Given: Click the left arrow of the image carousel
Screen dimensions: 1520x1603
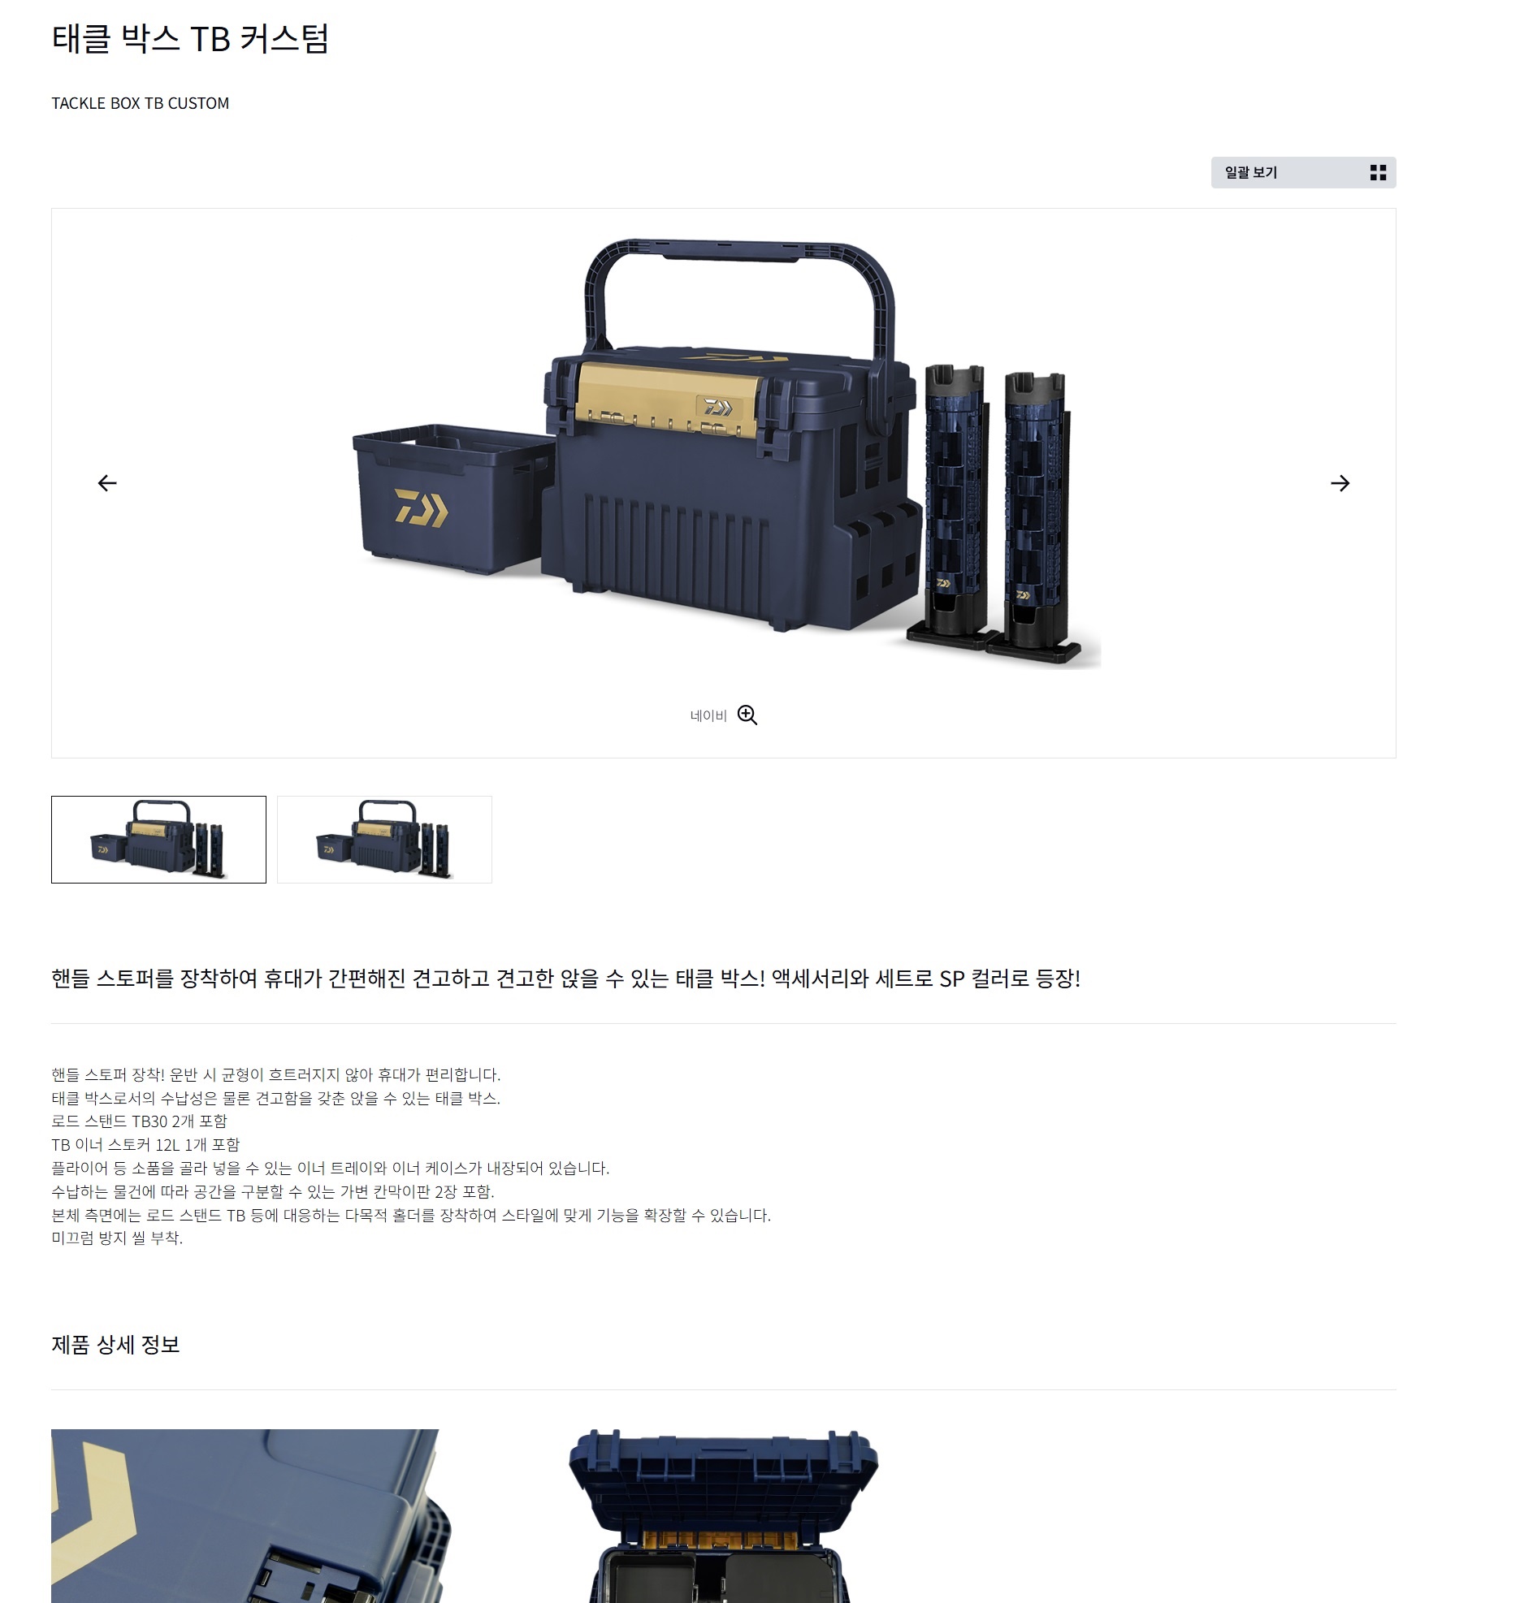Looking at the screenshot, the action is (x=107, y=483).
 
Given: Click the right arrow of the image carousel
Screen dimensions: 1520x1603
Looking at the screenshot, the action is (x=1340, y=483).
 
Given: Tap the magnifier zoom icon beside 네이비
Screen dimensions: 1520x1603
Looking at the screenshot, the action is (x=747, y=715).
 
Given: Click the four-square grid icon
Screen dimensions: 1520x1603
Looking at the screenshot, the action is (x=1378, y=172).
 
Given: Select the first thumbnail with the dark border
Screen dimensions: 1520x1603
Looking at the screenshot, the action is (x=158, y=839).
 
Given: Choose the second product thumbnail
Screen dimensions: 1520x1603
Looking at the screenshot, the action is (x=384, y=839).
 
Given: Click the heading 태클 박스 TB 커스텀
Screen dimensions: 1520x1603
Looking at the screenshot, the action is (x=190, y=38).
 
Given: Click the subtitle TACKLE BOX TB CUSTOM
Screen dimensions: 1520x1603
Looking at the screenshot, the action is (x=141, y=103).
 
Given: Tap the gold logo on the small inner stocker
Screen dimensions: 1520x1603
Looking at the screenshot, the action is (x=421, y=508).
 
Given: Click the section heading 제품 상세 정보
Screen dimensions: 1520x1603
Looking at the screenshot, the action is (x=115, y=1345).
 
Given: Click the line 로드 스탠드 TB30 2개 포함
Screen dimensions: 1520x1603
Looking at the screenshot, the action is (x=139, y=1121).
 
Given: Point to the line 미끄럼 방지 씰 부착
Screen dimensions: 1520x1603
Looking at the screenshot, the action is (x=117, y=1238).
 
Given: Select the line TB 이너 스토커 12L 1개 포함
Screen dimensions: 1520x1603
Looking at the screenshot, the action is (x=145, y=1144).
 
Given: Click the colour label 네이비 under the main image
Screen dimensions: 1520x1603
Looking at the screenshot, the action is (x=708, y=715).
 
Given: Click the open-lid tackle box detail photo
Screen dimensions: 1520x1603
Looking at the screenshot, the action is (x=723, y=1515).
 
